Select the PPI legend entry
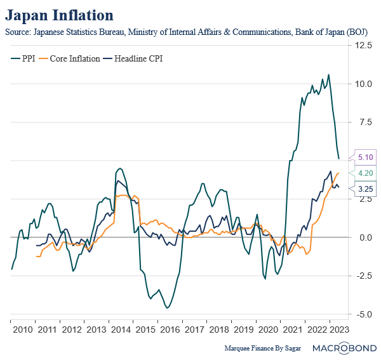click(x=25, y=58)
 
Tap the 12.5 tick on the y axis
click(x=364, y=45)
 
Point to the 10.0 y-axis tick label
click(x=364, y=84)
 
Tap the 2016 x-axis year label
click(x=170, y=330)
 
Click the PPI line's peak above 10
click(x=328, y=75)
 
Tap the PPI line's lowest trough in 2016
click(x=167, y=308)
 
